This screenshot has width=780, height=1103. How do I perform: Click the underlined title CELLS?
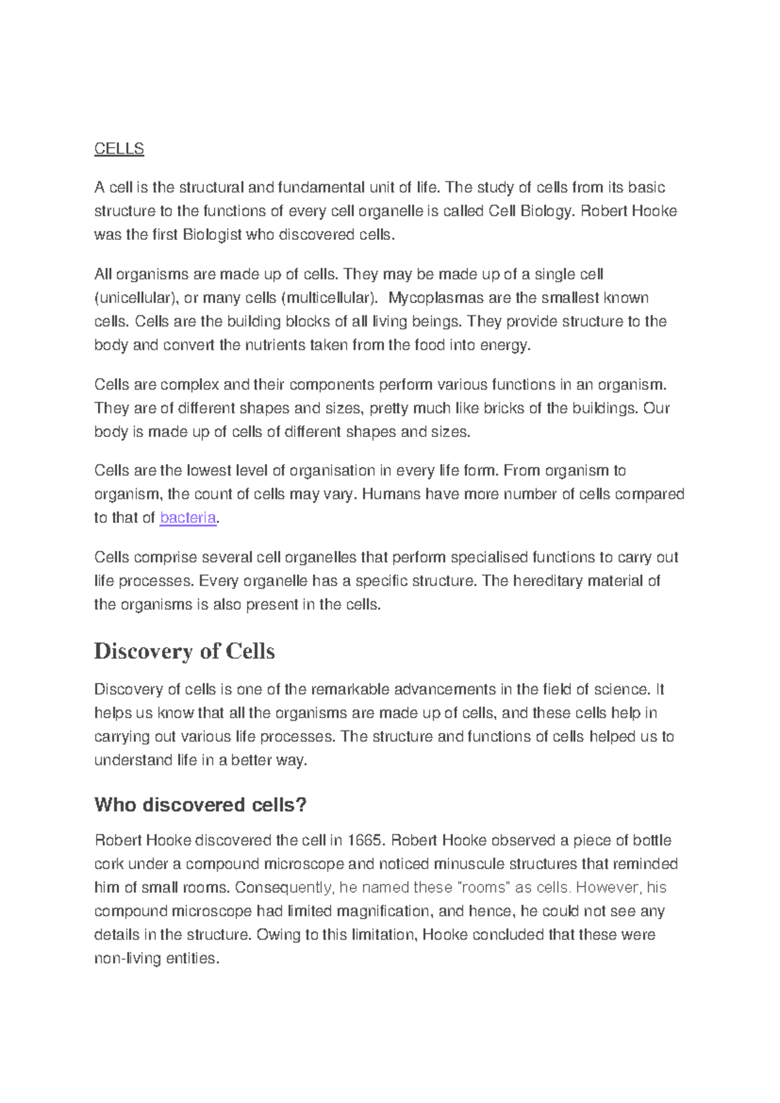(119, 149)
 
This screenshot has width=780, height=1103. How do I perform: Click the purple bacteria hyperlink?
(188, 518)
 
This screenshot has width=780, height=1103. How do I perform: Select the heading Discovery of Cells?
(185, 651)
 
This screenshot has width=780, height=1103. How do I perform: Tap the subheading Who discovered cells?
(200, 804)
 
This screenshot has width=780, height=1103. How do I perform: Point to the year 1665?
(365, 840)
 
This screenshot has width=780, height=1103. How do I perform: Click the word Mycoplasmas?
(436, 298)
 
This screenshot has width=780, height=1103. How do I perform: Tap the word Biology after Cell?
(546, 211)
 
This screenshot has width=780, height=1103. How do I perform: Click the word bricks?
(499, 408)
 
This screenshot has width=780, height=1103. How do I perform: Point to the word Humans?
(391, 494)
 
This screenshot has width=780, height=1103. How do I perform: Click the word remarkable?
(350, 689)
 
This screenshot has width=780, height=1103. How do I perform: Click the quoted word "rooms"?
(478, 888)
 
